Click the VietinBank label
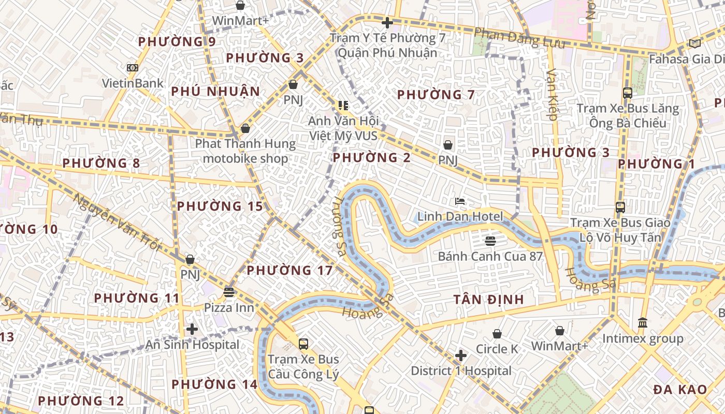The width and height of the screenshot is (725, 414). [x=133, y=83]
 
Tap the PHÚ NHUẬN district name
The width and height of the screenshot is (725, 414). [x=215, y=92]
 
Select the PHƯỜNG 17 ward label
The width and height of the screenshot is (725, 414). [x=289, y=270]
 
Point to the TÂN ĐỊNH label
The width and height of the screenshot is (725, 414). [x=489, y=299]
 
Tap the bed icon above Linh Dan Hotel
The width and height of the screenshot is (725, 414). [x=460, y=201]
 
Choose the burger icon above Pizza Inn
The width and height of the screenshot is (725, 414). [x=229, y=292]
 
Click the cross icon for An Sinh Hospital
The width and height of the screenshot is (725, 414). [x=192, y=329]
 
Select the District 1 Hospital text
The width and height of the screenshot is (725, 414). [x=461, y=371]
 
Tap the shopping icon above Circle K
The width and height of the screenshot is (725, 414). [x=497, y=334]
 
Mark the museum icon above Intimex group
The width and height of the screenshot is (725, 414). [x=643, y=323]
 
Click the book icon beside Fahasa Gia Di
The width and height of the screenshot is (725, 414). [x=694, y=43]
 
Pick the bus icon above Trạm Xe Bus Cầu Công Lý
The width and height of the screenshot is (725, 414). [x=303, y=344]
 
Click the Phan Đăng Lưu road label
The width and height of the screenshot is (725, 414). [x=519, y=38]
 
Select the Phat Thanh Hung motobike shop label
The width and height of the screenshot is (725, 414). [x=245, y=151]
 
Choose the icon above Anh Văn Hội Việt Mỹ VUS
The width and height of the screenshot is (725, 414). [x=343, y=106]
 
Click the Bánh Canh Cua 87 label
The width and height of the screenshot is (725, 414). [x=490, y=256]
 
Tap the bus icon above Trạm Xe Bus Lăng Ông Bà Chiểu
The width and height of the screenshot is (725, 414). [x=628, y=93]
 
